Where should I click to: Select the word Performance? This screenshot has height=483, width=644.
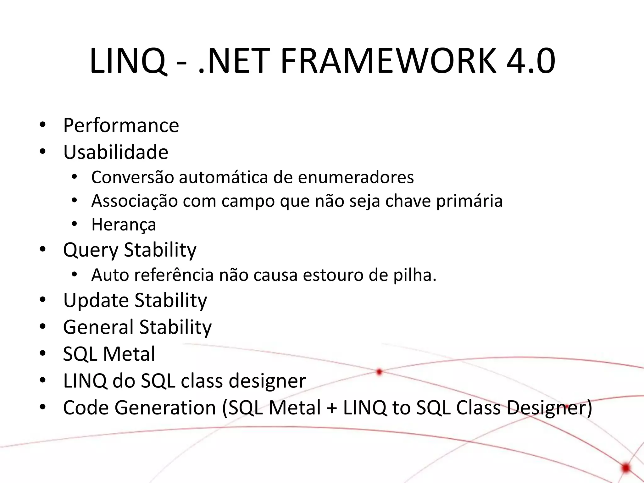(x=121, y=125)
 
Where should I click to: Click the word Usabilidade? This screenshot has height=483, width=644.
(x=116, y=152)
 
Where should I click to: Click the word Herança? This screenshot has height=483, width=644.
(x=124, y=225)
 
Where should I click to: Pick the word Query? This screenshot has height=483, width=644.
(x=91, y=250)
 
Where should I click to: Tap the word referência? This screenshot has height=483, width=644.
(x=174, y=275)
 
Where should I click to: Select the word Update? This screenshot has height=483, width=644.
(x=96, y=301)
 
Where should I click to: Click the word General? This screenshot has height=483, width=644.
(x=98, y=327)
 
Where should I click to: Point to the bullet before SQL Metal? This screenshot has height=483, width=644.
(x=43, y=353)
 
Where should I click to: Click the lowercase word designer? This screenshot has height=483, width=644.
(x=267, y=381)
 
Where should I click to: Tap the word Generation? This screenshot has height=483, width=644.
(x=165, y=408)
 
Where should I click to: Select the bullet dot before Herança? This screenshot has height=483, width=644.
(x=74, y=224)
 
